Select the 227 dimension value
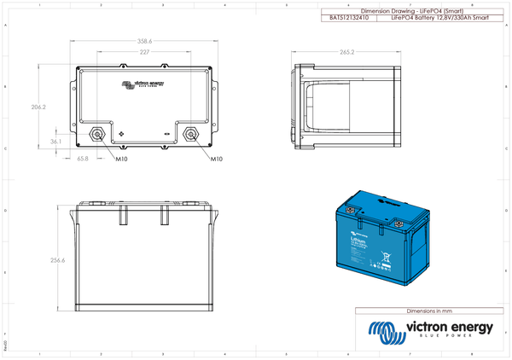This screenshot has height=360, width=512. tap(144, 52)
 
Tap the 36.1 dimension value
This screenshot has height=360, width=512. tap(56, 142)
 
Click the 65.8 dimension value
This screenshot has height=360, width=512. tap(83, 159)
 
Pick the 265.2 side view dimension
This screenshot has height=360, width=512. tap(346, 52)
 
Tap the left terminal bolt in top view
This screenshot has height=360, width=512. tap(96, 134)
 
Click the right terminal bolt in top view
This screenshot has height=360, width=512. tap(191, 134)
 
